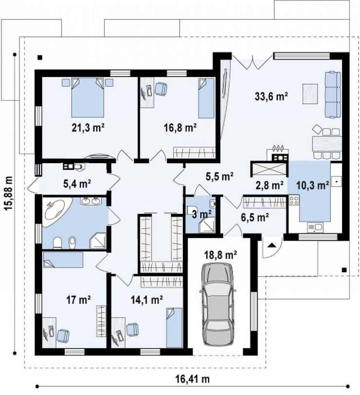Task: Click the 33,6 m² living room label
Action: [271, 96]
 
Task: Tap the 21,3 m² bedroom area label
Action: [88, 128]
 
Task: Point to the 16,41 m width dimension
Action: [193, 379]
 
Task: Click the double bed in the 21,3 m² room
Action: [88, 97]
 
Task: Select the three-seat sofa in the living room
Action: [333, 94]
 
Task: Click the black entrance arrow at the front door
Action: [270, 245]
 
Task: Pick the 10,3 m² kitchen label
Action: [313, 186]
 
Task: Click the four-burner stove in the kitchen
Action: [293, 200]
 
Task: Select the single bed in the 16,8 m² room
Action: [206, 98]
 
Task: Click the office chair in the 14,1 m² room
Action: [132, 329]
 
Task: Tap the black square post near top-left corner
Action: [40, 57]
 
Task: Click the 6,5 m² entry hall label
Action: [255, 217]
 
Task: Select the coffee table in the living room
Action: [310, 94]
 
